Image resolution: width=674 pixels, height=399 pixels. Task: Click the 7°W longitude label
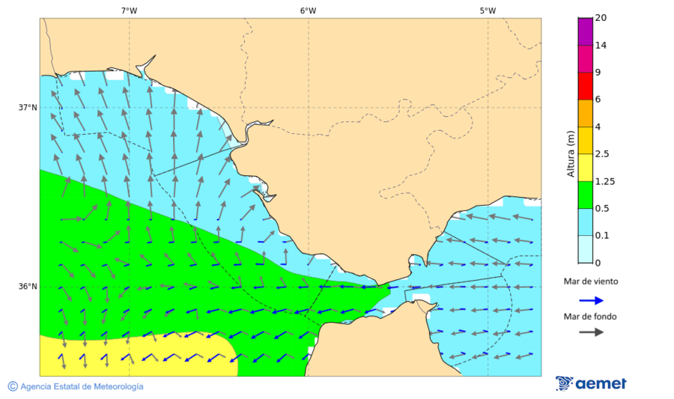(129, 10)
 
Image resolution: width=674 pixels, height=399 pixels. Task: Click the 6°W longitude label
(308, 10)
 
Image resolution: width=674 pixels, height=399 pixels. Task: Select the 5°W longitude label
(488, 10)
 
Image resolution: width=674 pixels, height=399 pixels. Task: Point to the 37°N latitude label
(28, 107)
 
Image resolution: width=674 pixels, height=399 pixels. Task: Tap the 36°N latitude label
(28, 286)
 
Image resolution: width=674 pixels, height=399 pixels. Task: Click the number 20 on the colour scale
(601, 18)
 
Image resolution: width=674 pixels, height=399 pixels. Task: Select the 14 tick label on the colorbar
(601, 46)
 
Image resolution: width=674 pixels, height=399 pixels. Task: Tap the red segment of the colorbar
(585, 85)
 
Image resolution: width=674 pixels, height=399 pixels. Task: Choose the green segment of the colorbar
(585, 195)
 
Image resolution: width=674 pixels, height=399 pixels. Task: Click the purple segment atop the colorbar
(585, 31)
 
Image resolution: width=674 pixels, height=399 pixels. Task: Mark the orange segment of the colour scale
(585, 113)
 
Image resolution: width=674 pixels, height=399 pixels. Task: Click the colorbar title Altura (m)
(571, 153)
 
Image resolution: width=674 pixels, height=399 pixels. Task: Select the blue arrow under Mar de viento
(591, 300)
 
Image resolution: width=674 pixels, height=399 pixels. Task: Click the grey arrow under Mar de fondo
(591, 332)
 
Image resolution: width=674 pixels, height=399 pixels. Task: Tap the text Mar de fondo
(591, 316)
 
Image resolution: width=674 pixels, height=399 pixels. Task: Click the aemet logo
(591, 383)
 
